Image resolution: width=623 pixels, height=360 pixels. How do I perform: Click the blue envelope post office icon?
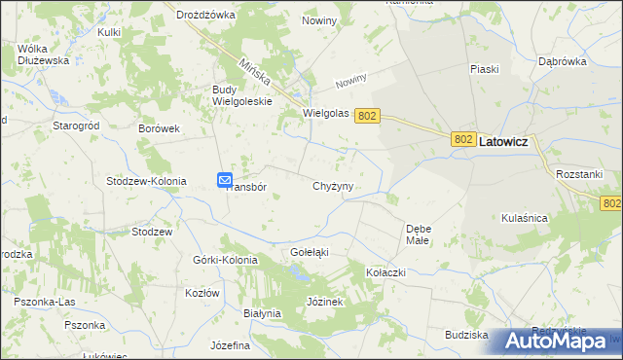[x=225, y=180]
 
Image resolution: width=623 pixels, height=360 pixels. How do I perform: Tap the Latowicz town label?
[x=504, y=141]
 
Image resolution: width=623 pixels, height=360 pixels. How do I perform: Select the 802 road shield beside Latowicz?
[x=464, y=141]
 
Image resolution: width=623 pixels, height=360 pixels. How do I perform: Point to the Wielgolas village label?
[x=326, y=114]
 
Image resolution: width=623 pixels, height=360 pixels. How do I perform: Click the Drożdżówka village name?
[x=206, y=15]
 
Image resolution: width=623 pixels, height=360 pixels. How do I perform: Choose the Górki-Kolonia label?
[x=226, y=260]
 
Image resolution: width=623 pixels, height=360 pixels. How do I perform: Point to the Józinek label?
[x=326, y=302]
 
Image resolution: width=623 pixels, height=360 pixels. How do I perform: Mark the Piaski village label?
[x=484, y=69]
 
